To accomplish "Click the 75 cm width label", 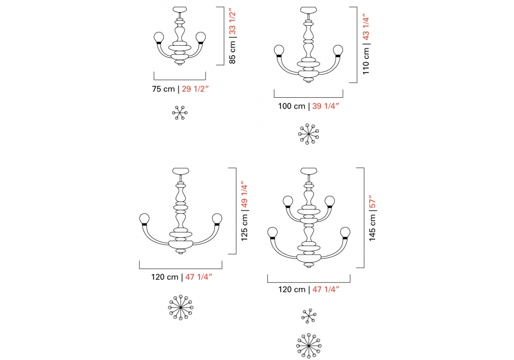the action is click(163, 89).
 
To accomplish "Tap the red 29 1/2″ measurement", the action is click(195, 89).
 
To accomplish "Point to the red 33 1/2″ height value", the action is click(232, 23).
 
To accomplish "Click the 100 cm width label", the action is click(292, 106).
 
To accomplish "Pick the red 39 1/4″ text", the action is click(325, 106).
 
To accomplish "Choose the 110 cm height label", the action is click(366, 61).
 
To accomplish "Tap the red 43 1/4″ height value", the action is click(366, 28).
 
